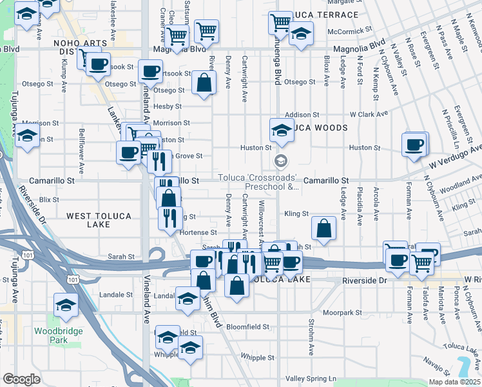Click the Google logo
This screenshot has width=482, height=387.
coord(21,379)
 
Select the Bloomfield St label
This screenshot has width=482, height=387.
coord(248,327)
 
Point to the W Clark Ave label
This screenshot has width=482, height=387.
coord(369,114)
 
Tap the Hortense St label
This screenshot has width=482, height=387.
coord(198,232)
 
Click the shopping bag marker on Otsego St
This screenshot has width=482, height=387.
coord(204,84)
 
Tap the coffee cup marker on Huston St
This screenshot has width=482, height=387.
coord(414,144)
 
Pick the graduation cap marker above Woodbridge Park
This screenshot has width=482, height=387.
coord(66,304)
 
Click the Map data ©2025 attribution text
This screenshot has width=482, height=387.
coord(453,382)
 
